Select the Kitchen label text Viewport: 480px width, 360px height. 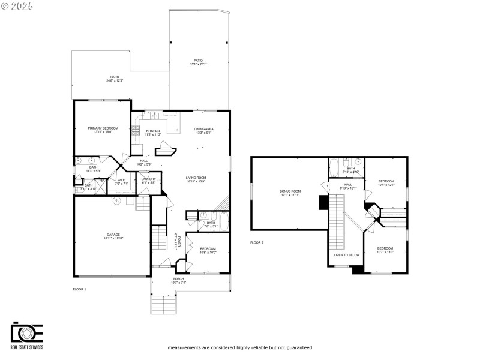pyautogui.click(x=153, y=132)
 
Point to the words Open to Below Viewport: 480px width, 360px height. pyautogui.click(x=347, y=255)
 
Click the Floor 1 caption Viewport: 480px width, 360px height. pyautogui.click(x=79, y=289)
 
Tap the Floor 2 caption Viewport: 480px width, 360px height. pyautogui.click(x=257, y=243)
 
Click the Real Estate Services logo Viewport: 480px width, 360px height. pyautogui.click(x=26, y=336)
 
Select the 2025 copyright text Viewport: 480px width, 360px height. pyautogui.click(x=17, y=6)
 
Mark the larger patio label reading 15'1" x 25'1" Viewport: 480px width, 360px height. pyautogui.click(x=197, y=62)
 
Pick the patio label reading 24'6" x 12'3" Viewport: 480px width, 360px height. pyautogui.click(x=114, y=79)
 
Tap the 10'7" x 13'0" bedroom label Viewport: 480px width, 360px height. pyautogui.click(x=385, y=250)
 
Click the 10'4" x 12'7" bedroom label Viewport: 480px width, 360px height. pyautogui.click(x=386, y=182)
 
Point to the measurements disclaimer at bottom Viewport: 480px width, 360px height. pyautogui.click(x=239, y=347)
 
